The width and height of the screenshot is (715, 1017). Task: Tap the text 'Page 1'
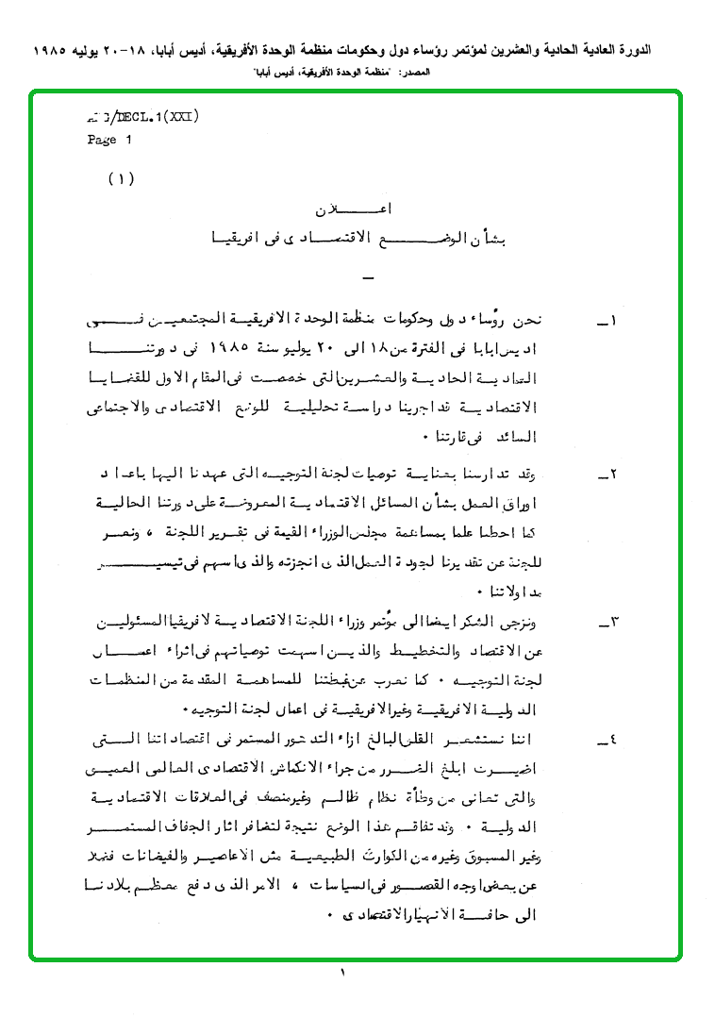click(110, 140)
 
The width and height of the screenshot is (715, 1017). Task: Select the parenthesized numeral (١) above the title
click(122, 178)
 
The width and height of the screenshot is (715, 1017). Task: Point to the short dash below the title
click(368, 278)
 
